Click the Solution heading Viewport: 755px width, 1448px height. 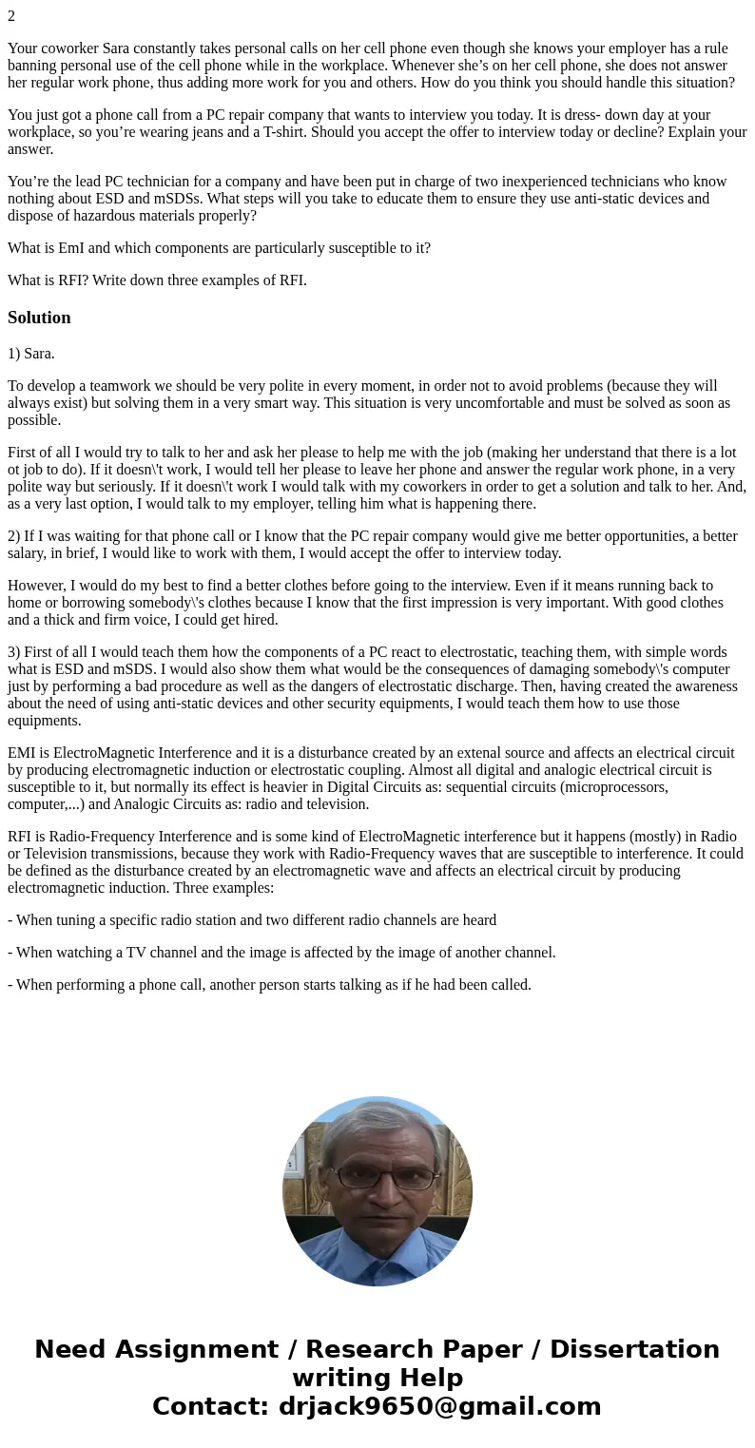(39, 318)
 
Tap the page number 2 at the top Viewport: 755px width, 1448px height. (11, 16)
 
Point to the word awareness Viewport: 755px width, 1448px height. (701, 686)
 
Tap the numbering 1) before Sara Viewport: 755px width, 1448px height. (14, 354)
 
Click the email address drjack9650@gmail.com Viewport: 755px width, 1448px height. (439, 1407)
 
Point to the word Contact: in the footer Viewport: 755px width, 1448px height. (211, 1407)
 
